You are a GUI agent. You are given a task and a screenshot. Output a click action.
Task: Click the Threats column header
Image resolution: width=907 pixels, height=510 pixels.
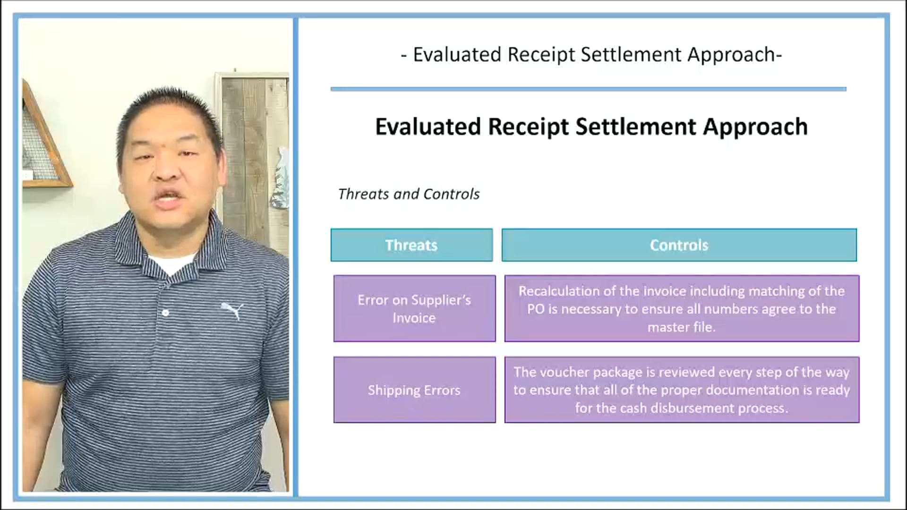411,245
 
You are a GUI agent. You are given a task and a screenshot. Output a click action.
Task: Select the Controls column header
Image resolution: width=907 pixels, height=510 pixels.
679,245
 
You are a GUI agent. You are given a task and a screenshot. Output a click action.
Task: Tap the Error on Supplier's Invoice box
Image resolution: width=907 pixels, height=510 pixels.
414,309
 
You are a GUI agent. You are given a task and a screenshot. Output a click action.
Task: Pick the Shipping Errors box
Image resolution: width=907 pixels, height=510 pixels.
414,390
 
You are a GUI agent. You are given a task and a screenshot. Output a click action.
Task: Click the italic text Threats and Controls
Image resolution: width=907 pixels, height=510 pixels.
409,194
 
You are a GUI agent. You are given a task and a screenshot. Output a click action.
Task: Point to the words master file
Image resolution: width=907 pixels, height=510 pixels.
681,327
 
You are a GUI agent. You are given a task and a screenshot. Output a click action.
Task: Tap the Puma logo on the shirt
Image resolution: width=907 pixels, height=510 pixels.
233,311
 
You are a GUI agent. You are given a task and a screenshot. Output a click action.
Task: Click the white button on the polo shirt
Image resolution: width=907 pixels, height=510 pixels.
165,313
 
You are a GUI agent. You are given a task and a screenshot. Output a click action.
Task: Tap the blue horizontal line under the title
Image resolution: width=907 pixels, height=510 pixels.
588,89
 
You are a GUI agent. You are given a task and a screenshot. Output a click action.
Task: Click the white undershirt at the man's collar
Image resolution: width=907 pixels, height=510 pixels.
172,264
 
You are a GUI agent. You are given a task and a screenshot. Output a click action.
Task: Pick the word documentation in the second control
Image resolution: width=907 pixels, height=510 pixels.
751,391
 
